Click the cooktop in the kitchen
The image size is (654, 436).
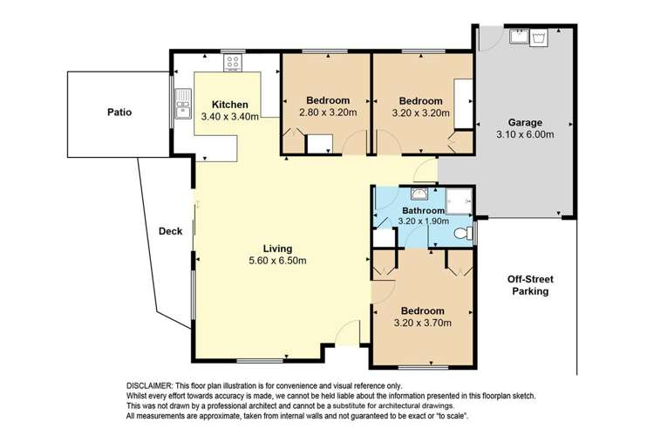pyautogui.click(x=233, y=62)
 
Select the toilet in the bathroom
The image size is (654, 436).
pyautogui.click(x=468, y=233)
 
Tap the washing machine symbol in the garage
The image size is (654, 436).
pyautogui.click(x=539, y=37)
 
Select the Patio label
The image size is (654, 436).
pyautogui.click(x=119, y=112)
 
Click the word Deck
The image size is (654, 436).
pyautogui.click(x=170, y=231)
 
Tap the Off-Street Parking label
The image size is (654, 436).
pyautogui.click(x=530, y=285)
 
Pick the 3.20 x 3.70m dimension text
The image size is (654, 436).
pyautogui.click(x=422, y=324)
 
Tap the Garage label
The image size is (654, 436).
pyautogui.click(x=527, y=123)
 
